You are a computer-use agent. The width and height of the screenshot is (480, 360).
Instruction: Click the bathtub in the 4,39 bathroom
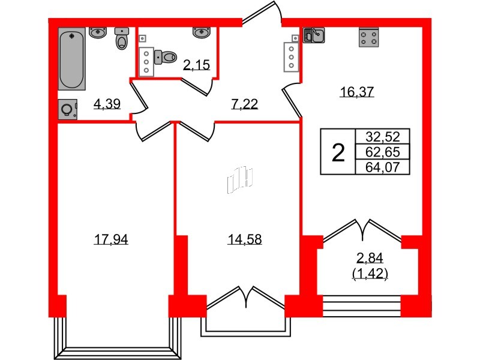[73, 61]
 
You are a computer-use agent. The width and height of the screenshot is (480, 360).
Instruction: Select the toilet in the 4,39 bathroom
[123, 40]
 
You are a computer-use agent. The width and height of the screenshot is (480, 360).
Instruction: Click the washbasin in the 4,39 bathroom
[97, 32]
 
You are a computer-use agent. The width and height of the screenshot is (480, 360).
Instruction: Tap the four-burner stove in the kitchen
[368, 38]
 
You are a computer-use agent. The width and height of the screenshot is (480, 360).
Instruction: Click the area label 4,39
[107, 104]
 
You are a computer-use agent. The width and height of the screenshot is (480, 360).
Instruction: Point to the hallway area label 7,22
[244, 104]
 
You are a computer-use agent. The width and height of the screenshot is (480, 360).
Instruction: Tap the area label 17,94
[111, 240]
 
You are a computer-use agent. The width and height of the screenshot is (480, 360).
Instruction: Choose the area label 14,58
[244, 240]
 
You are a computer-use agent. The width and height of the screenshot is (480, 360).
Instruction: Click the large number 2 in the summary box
[338, 153]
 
